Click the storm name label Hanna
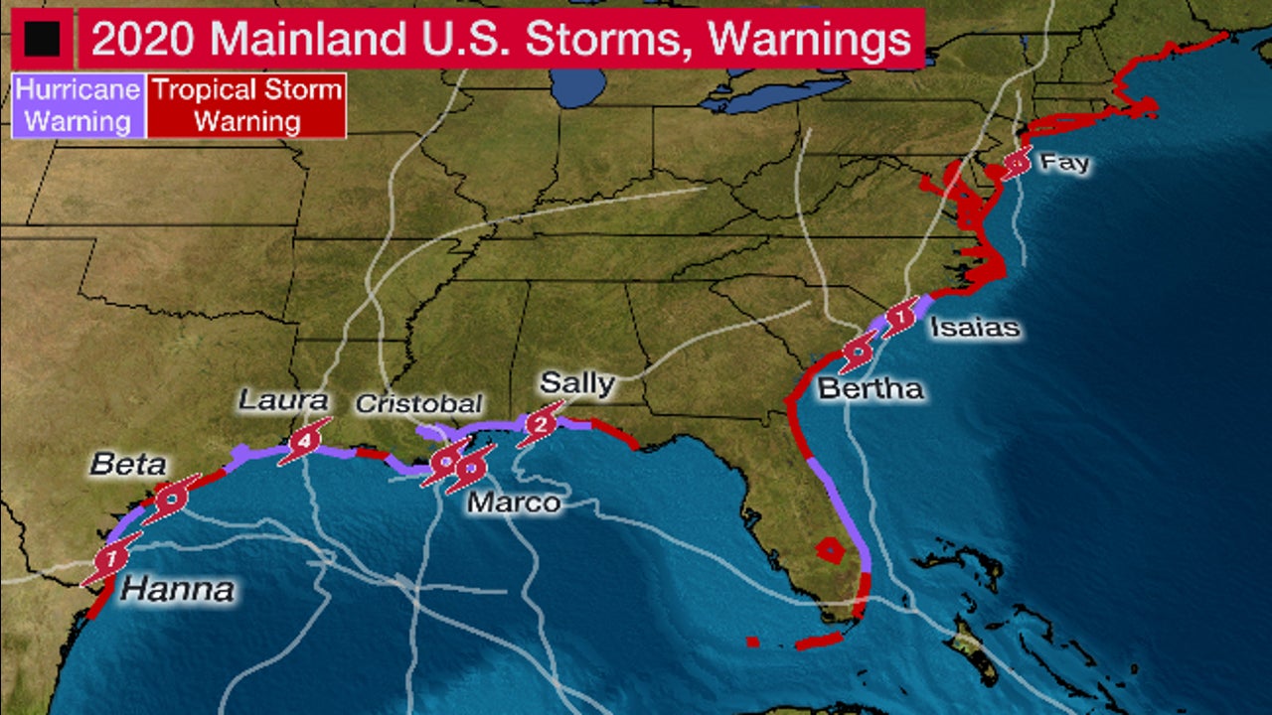point(178,590)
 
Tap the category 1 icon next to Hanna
point(110,560)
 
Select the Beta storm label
point(127,464)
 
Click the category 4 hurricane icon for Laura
point(304,442)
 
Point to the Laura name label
point(283,400)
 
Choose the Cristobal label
point(418,404)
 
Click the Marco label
point(514,503)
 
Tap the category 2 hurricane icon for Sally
point(540,425)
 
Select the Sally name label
point(576,383)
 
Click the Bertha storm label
point(871,388)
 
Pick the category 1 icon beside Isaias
point(900,319)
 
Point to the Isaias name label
point(975,327)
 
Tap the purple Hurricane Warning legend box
point(78,105)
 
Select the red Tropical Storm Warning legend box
point(246,105)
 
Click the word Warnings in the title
point(812,38)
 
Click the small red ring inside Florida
point(827,548)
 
